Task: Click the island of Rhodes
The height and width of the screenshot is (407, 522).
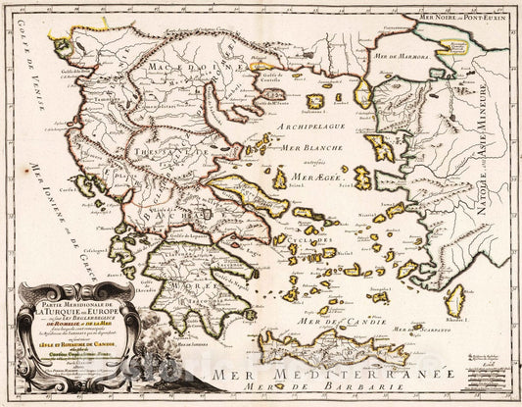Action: pos(454,299)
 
